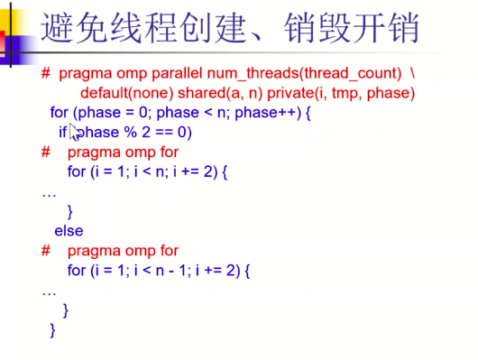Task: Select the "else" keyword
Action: (x=69, y=231)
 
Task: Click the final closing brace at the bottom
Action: (x=52, y=330)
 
